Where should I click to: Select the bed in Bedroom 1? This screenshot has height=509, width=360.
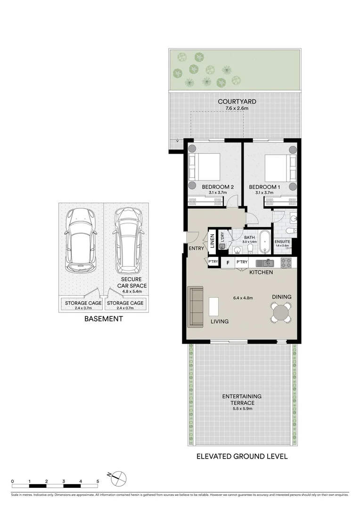(x=280, y=167)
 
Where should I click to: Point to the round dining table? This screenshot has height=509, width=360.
(x=281, y=312)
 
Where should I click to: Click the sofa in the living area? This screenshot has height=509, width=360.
(x=196, y=307)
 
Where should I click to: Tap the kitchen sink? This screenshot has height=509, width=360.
(x=265, y=263)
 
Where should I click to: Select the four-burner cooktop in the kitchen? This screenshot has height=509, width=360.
(x=286, y=263)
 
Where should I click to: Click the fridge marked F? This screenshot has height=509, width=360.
(x=228, y=263)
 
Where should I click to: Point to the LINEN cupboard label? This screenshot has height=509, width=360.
(x=213, y=241)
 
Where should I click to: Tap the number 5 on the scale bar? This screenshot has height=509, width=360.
(x=98, y=481)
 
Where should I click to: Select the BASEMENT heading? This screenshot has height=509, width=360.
(x=103, y=319)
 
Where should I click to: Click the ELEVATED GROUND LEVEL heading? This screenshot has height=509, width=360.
(x=242, y=456)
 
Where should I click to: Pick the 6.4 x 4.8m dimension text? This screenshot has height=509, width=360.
(x=243, y=298)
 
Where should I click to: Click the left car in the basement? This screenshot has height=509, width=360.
(x=81, y=239)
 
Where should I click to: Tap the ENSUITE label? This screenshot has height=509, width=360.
(x=283, y=241)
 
